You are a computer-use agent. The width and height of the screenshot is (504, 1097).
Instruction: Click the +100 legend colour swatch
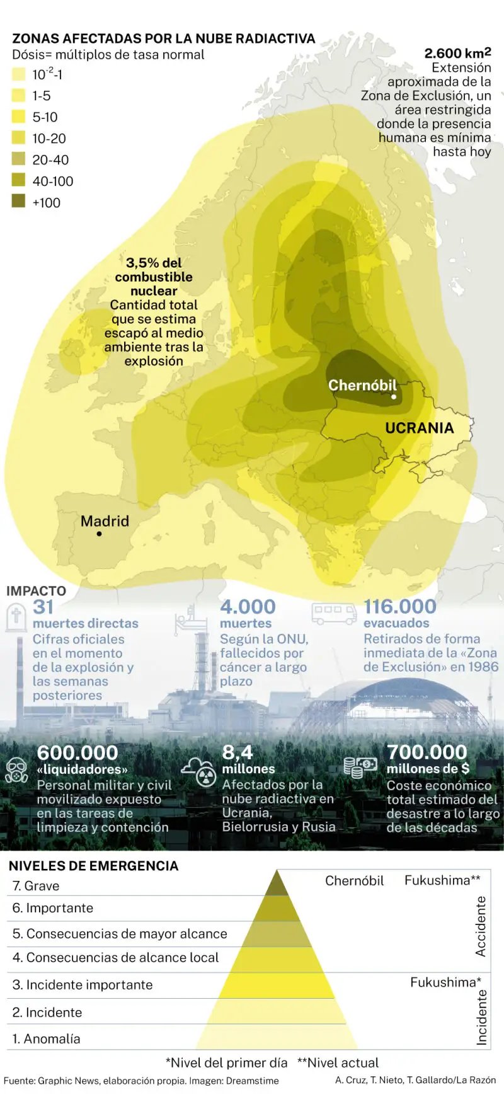point(18,202)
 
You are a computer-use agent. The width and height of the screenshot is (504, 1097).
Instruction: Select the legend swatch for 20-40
point(18,159)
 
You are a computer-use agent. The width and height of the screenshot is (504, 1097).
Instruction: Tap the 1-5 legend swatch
point(18,95)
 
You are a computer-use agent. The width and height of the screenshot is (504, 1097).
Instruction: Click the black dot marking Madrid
point(99,534)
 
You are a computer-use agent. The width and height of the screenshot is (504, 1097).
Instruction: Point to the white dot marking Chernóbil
point(394,397)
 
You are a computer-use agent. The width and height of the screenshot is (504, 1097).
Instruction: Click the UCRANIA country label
point(419,428)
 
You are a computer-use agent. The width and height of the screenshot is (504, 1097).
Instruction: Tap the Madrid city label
point(105,521)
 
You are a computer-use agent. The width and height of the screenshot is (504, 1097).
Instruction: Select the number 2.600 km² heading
point(457,53)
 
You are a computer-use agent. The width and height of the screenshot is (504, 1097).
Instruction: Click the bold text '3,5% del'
point(154,263)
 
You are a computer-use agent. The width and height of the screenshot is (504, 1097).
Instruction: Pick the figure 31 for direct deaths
point(43,607)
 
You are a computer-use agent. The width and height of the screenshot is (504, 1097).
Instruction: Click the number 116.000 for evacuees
point(399,607)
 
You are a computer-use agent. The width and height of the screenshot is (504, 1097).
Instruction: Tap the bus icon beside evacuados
point(335,613)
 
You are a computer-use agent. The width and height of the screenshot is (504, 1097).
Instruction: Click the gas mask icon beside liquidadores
point(16,770)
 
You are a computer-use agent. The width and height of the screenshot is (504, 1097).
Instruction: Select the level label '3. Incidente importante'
point(83,985)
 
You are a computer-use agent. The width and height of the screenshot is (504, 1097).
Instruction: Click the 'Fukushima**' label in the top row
point(442,880)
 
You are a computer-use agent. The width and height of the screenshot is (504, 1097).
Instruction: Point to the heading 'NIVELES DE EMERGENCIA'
point(93,866)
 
